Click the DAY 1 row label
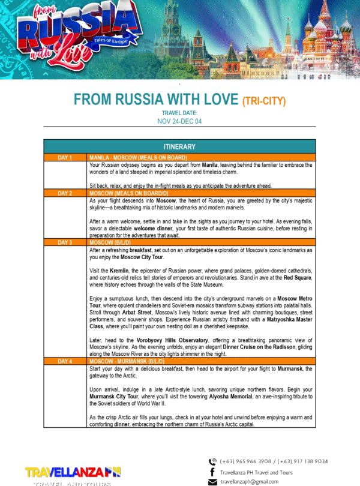coord(65,158)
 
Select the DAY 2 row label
coord(65,193)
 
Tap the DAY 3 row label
coord(65,242)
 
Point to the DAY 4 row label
coord(65,362)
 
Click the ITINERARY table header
coord(179,147)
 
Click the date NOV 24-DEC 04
coord(179,121)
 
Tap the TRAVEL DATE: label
coord(179,113)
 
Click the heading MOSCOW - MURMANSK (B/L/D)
coord(131,362)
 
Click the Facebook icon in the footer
coord(212,472)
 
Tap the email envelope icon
coord(212,482)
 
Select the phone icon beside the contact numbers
coord(212,462)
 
